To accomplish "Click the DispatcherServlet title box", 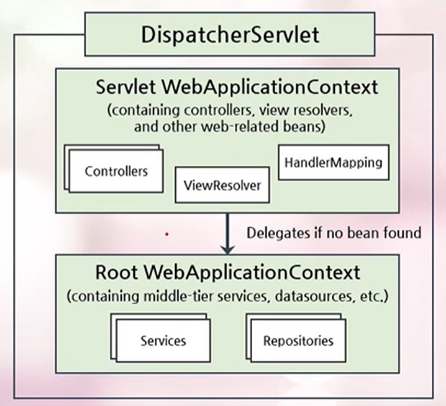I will (230, 34).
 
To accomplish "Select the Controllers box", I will (116, 170).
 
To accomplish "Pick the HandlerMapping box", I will (332, 163).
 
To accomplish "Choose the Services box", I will (163, 340).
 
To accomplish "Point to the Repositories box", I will (298, 340).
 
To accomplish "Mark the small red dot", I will (166, 235).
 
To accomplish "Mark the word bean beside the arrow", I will (365, 233).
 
